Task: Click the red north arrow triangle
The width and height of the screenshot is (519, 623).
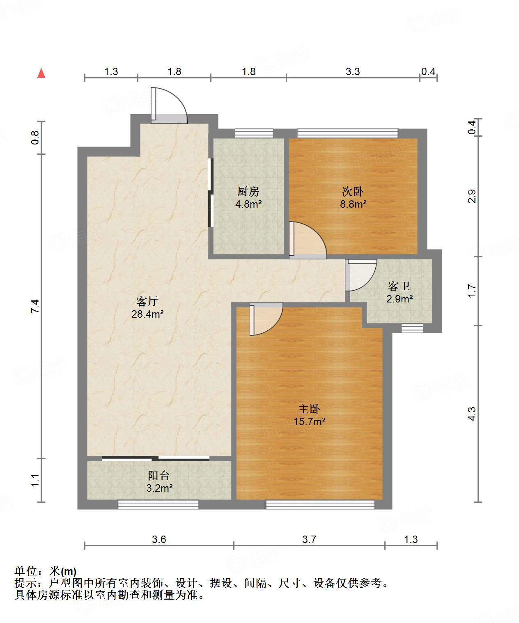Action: coord(41,73)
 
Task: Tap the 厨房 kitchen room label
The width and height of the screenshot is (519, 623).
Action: coord(248,191)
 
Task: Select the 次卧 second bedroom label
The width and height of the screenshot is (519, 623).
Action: coord(353,191)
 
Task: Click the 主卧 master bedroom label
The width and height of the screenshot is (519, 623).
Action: coord(309,409)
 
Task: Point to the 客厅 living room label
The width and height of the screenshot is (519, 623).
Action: coord(147,302)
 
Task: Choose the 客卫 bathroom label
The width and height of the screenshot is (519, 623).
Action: coord(399,286)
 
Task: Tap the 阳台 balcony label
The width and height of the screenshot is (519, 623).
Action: coord(159,476)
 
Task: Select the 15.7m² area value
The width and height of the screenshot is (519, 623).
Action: coord(309,421)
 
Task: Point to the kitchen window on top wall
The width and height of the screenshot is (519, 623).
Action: coord(254,133)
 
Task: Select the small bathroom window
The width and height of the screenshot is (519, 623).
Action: coord(412,328)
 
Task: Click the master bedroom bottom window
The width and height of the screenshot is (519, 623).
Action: coord(320,504)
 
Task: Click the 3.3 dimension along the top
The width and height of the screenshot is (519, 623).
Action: coord(352,72)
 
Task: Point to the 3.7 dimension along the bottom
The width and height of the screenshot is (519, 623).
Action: coord(309,539)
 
